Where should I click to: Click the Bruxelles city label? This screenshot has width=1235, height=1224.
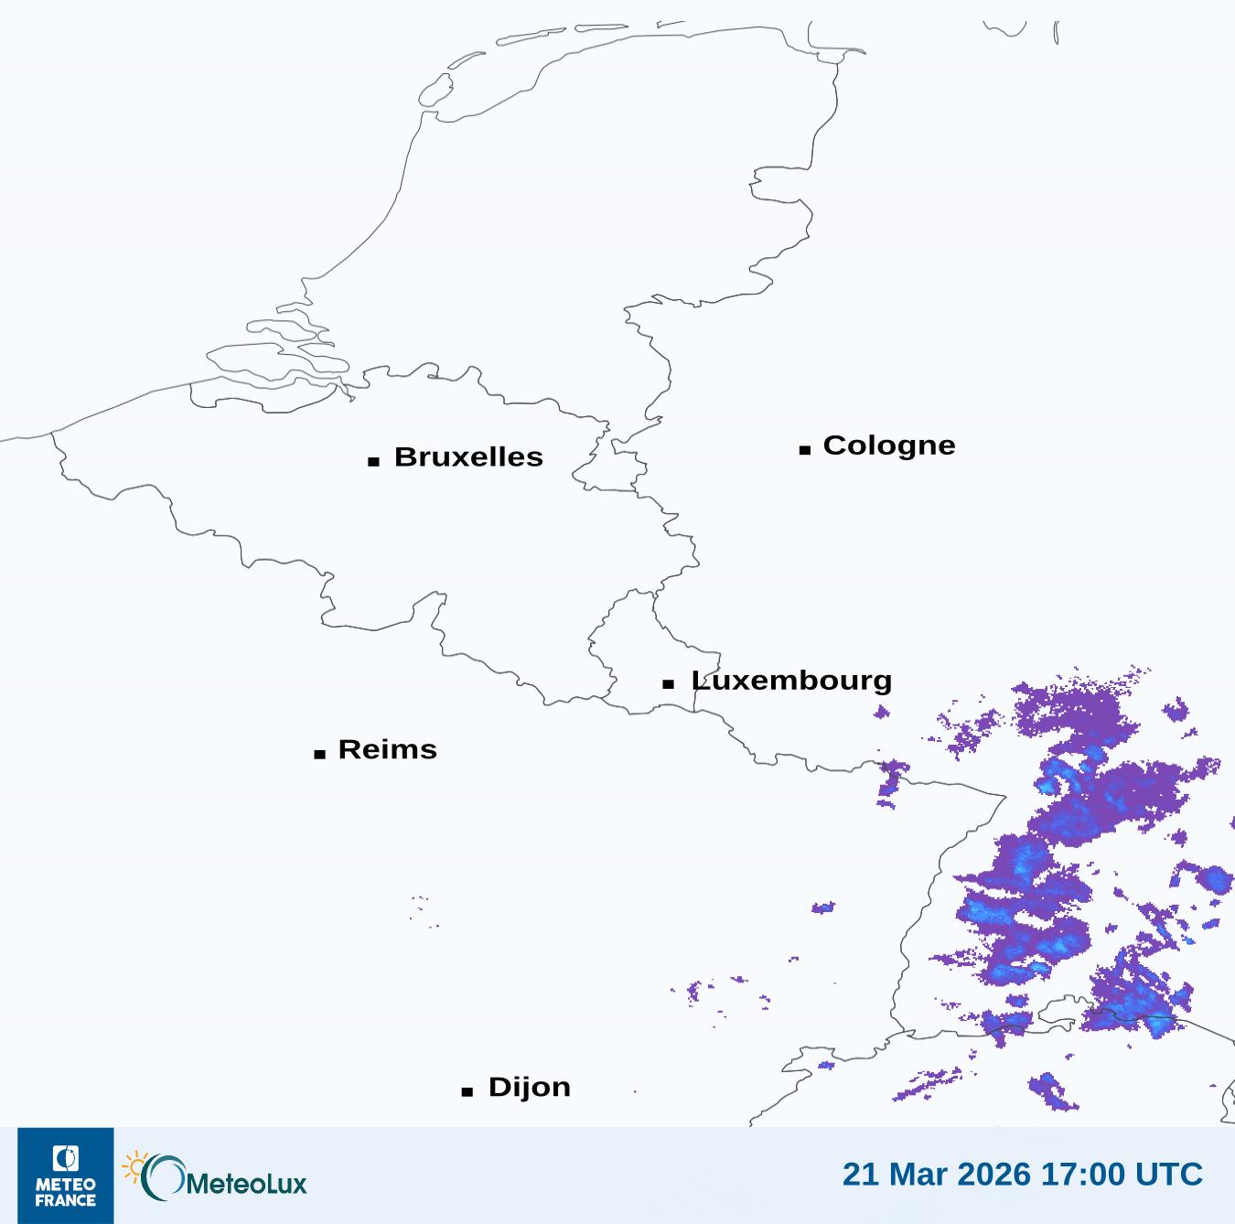click(468, 456)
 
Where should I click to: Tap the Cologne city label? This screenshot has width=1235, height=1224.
click(888, 446)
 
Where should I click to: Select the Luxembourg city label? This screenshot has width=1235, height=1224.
click(791, 681)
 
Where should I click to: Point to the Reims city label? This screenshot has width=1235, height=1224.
click(387, 749)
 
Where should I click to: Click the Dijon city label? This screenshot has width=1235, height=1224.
click(529, 1087)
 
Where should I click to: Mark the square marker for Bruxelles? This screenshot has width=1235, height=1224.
click(373, 462)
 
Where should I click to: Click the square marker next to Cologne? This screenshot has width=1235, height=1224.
click(805, 450)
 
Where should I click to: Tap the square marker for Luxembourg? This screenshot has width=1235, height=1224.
click(669, 684)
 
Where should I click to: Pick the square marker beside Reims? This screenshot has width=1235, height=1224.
click(319, 755)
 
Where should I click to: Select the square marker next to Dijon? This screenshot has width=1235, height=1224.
click(467, 1091)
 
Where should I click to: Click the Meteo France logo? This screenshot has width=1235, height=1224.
click(66, 1176)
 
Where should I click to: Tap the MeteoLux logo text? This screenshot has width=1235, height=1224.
click(246, 1184)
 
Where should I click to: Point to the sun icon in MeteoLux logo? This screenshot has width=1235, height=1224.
click(135, 1167)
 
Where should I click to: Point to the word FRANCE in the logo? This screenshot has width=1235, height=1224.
click(66, 1200)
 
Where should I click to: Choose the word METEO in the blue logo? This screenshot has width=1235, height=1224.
click(66, 1186)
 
